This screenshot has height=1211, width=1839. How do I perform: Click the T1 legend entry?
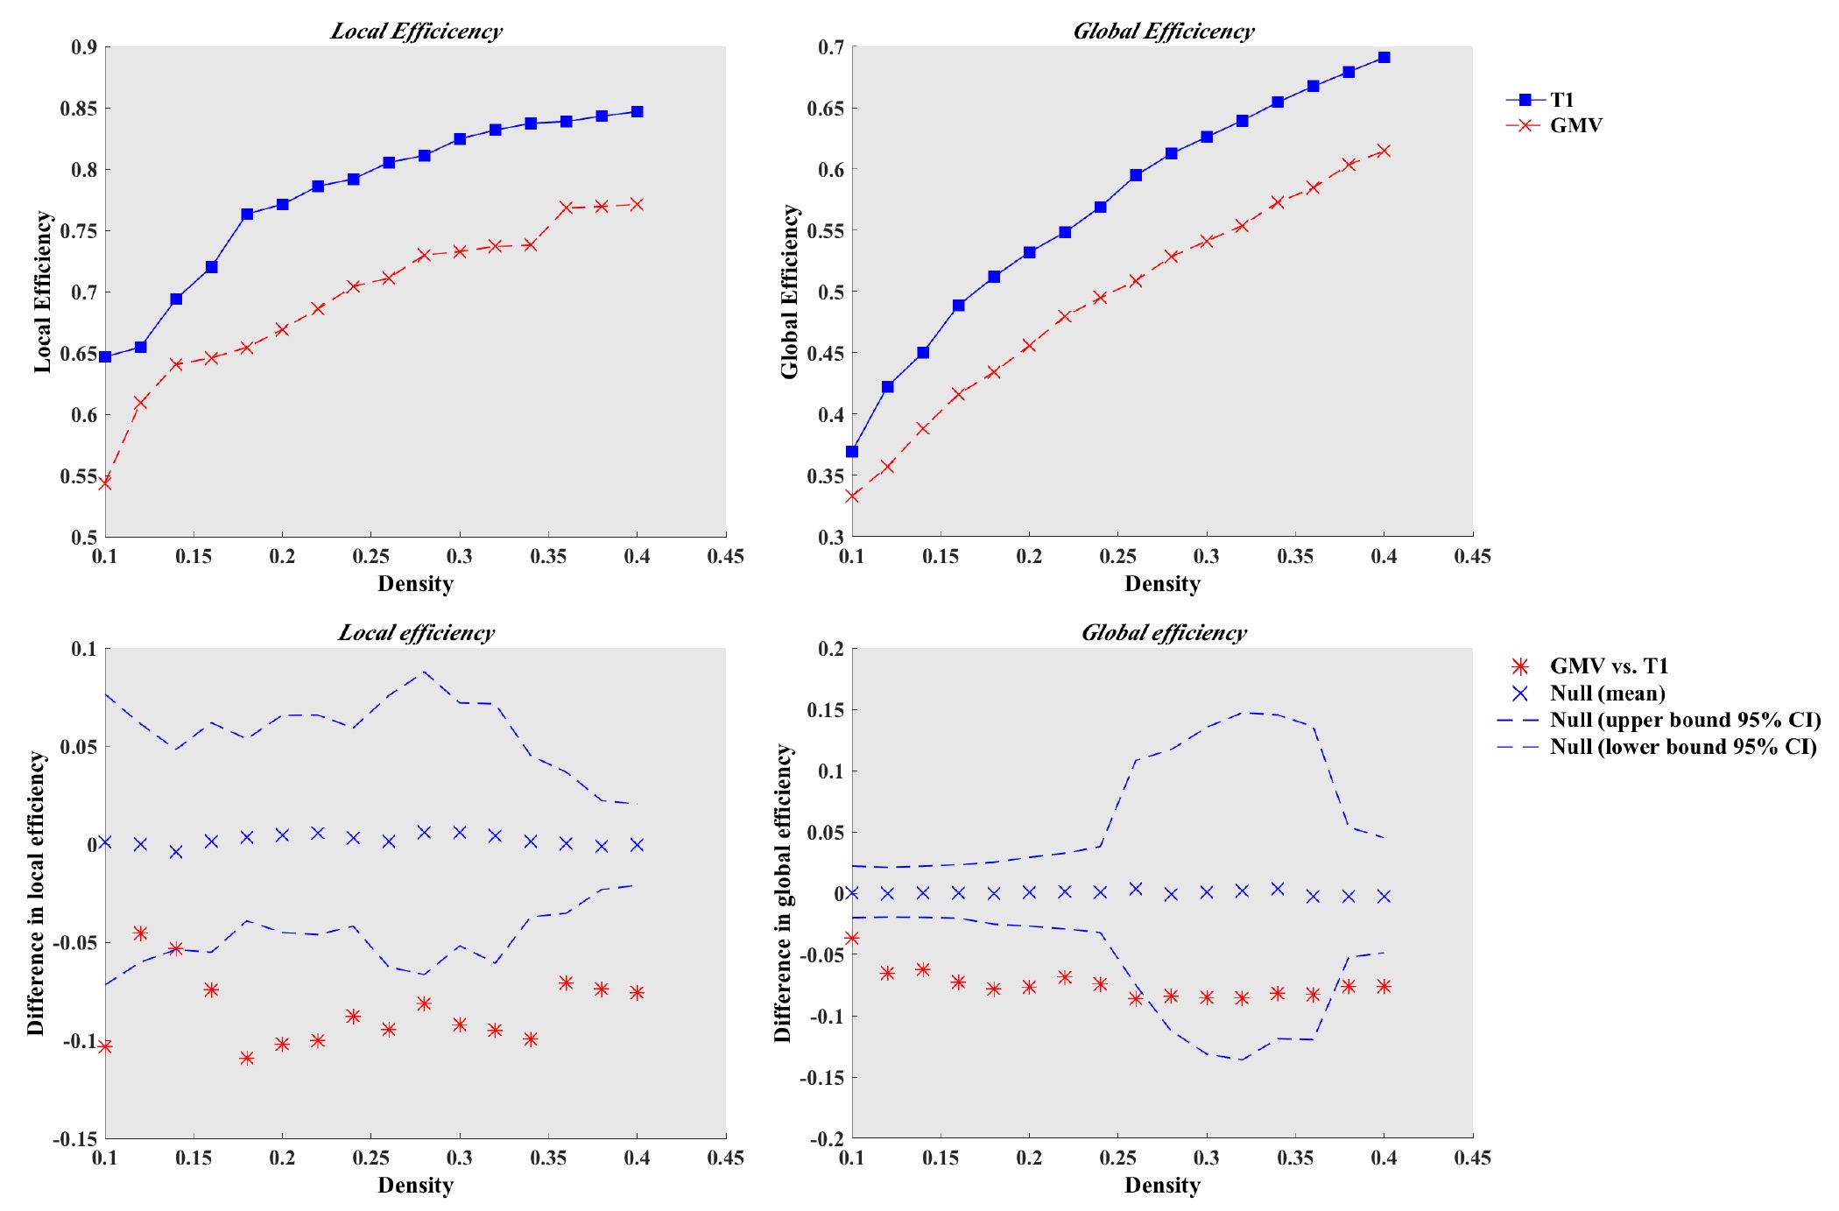[x=1561, y=100]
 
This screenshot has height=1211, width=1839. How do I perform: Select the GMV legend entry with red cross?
[x=1575, y=125]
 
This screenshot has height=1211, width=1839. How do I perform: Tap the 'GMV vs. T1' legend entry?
[x=1608, y=666]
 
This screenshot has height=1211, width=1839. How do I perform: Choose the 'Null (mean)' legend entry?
[x=1607, y=694]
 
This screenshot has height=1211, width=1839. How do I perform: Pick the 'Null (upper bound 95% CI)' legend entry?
[x=1684, y=720]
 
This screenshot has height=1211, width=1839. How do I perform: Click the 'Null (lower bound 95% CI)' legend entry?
[x=1682, y=747]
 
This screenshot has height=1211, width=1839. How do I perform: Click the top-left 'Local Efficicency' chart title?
[x=416, y=32]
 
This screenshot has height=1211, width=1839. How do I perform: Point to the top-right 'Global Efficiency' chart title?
[x=1164, y=32]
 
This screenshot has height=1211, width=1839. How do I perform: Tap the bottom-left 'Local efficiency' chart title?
[x=416, y=633]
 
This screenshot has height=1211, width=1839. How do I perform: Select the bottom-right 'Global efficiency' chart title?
[x=1164, y=633]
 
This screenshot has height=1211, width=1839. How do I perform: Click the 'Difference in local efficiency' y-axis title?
[x=36, y=893]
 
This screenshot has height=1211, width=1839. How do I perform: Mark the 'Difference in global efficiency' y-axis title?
[x=783, y=893]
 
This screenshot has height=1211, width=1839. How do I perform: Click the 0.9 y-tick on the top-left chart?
[x=84, y=47]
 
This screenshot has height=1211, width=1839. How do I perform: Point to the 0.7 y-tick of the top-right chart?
[x=831, y=47]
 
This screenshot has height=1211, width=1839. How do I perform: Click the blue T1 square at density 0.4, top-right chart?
[x=1384, y=58]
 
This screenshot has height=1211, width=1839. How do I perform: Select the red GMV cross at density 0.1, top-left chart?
[x=105, y=482]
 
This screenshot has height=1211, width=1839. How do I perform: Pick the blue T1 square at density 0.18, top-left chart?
[x=247, y=215]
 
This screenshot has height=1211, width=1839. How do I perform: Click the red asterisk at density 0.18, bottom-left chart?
[x=247, y=1058]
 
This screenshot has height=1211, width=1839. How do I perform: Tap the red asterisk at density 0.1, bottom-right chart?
[x=852, y=938]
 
